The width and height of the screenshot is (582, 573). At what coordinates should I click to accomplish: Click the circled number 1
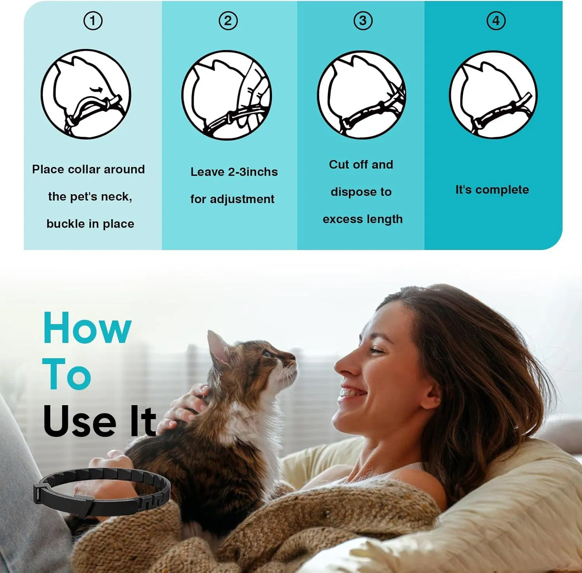pyautogui.click(x=93, y=21)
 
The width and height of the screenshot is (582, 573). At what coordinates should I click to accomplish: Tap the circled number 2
pyautogui.click(x=228, y=21)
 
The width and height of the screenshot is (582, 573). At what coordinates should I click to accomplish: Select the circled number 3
pyautogui.click(x=363, y=21)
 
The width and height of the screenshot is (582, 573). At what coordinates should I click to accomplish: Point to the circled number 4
pyautogui.click(x=496, y=21)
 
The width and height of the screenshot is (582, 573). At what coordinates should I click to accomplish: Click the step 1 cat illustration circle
pyautogui.click(x=86, y=94)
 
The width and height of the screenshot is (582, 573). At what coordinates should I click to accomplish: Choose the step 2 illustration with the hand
pyautogui.click(x=227, y=95)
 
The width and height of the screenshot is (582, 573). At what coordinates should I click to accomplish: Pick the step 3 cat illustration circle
pyautogui.click(x=362, y=95)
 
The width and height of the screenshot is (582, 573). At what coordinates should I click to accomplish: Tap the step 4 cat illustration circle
pyautogui.click(x=493, y=95)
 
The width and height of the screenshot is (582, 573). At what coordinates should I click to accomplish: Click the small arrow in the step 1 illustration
pyautogui.click(x=97, y=90)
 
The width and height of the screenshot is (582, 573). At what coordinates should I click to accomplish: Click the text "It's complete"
pyautogui.click(x=492, y=190)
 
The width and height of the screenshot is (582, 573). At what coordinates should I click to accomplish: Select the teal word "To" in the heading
pyautogui.click(x=67, y=375)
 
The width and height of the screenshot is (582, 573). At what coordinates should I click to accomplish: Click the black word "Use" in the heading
pyautogui.click(x=80, y=421)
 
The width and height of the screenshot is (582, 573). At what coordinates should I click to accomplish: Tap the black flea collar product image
pyautogui.click(x=102, y=492)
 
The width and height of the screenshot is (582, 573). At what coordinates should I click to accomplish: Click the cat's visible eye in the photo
pyautogui.click(x=267, y=353)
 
